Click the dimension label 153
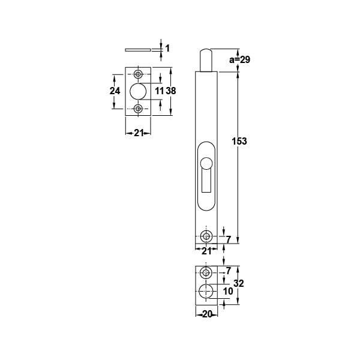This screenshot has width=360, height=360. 239,141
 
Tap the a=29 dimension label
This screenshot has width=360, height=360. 239,59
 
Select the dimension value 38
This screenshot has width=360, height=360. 171,91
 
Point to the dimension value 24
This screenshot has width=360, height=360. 115,91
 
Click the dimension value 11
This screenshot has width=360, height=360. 159,91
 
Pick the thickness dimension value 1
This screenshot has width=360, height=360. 167,49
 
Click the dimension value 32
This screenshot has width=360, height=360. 239,284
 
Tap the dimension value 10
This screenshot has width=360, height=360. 228,292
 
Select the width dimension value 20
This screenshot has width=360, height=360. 206,314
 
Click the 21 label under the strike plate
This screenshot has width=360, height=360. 139,133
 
